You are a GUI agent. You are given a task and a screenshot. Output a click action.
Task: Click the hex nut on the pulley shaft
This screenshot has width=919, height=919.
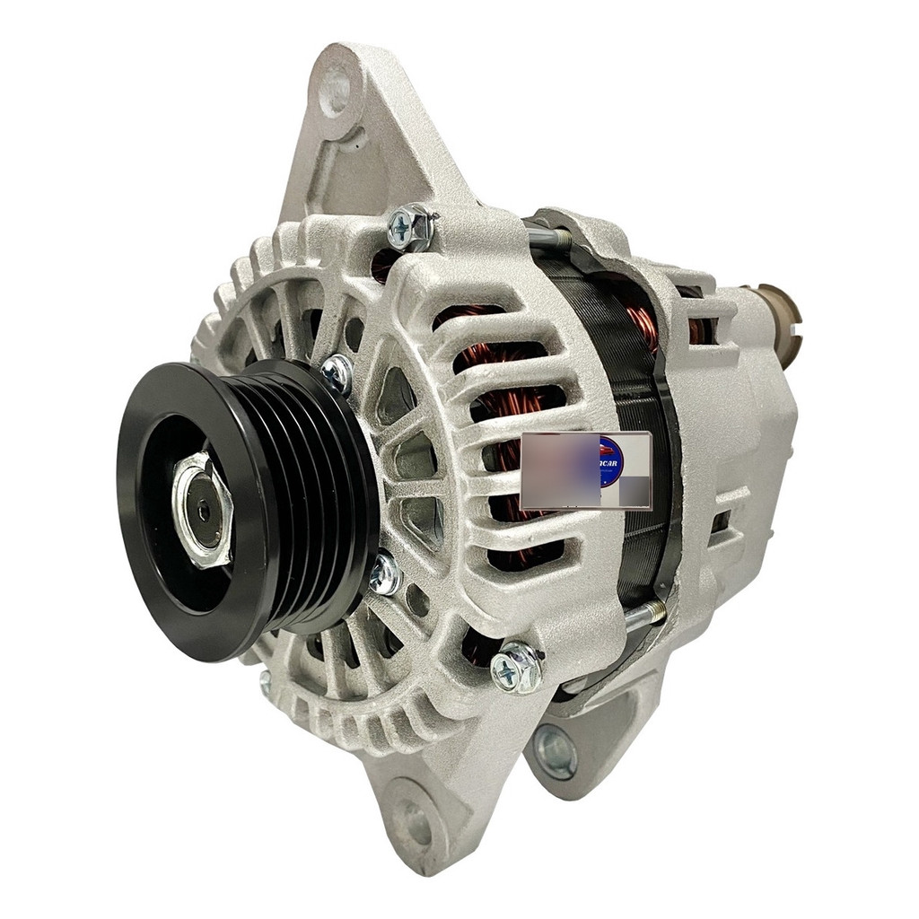click(202, 509)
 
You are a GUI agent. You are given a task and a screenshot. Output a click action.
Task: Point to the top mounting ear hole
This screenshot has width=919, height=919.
click(334, 91)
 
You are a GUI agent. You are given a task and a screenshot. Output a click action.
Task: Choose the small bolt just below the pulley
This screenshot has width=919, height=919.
click(385, 574)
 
